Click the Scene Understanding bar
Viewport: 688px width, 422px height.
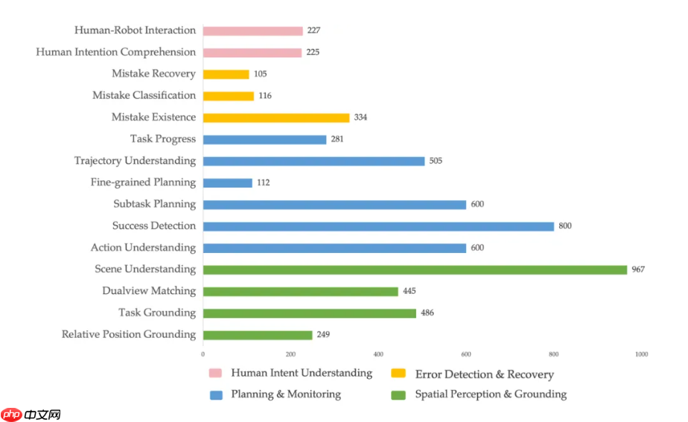pyautogui.click(x=415, y=269)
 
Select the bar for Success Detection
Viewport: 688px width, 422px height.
pyautogui.click(x=378, y=226)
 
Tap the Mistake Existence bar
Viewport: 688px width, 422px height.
pyautogui.click(x=275, y=118)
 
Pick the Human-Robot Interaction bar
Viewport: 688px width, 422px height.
pyautogui.click(x=252, y=31)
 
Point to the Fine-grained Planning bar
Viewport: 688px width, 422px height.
pyautogui.click(x=227, y=183)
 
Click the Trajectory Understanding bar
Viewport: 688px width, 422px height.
pyautogui.click(x=313, y=161)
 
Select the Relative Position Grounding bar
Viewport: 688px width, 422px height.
pyautogui.click(x=257, y=335)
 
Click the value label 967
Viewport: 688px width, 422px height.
pyautogui.click(x=637, y=269)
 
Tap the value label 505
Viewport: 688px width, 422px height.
pyautogui.click(x=435, y=161)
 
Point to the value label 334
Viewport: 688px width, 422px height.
pyautogui.click(x=360, y=118)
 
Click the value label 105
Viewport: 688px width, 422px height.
pyautogui.click(x=260, y=74)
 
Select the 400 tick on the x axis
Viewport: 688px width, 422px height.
pyautogui.click(x=378, y=354)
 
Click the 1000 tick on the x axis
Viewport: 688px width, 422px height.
pyautogui.click(x=641, y=354)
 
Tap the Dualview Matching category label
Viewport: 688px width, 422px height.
pyautogui.click(x=149, y=291)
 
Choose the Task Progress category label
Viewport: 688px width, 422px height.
pyautogui.click(x=162, y=139)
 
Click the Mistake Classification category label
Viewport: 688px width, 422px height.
pyautogui.click(x=144, y=96)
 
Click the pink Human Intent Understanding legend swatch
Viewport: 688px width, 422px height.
pyautogui.click(x=216, y=373)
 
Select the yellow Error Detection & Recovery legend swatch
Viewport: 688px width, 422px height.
pyautogui.click(x=398, y=373)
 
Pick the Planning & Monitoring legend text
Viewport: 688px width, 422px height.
pyautogui.click(x=286, y=394)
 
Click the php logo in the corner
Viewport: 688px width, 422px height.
pyautogui.click(x=12, y=414)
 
